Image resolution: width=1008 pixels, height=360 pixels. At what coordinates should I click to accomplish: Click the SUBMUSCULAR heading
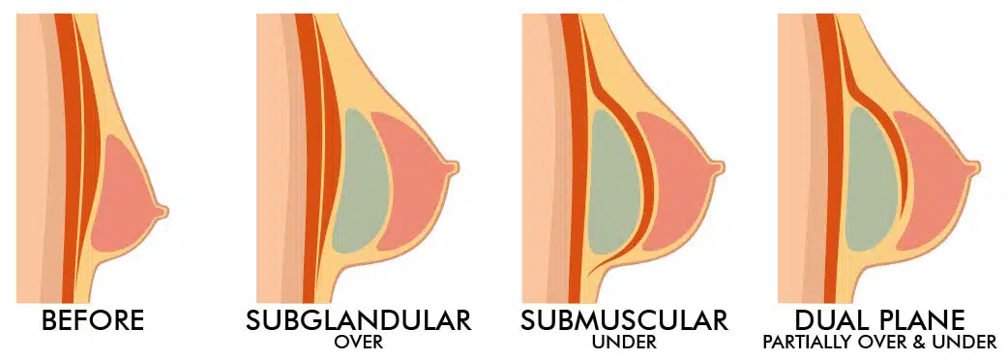click(x=623, y=318)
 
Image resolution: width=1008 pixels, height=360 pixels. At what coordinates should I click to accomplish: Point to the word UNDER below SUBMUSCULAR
click(x=623, y=343)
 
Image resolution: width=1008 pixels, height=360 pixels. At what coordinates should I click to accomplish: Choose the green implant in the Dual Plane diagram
click(x=868, y=184)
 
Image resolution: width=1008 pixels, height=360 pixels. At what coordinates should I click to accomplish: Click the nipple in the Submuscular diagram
click(x=718, y=167)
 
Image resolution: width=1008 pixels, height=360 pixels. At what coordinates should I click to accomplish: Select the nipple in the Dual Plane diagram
click(x=975, y=166)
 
